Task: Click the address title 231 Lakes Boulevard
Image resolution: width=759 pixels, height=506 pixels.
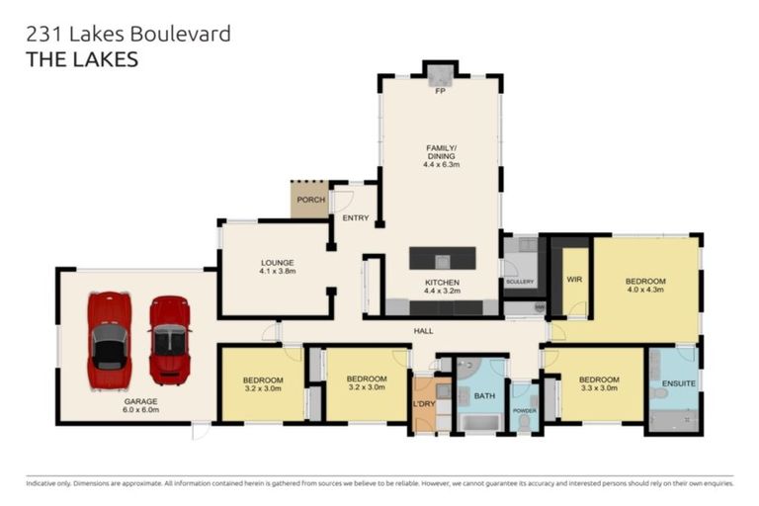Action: pos(128,35)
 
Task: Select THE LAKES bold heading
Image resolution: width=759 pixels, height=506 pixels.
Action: pos(81,60)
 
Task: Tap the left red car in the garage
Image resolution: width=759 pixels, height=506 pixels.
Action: pos(109,340)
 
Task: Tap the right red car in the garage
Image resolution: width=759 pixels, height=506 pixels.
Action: pos(169,340)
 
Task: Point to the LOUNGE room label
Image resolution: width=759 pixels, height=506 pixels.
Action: pos(278,266)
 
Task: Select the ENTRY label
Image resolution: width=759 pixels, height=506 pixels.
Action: pos(355,218)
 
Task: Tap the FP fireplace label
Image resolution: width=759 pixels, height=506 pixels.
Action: pos(441,92)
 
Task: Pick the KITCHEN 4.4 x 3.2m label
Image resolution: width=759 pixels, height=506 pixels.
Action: pos(442,287)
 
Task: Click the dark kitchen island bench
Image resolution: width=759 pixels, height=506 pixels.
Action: pos(442,258)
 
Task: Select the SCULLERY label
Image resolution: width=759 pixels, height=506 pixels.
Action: pos(520,282)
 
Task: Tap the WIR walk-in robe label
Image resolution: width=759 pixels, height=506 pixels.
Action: pos(573,280)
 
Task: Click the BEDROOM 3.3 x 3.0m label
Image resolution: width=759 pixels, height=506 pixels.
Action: pos(599,383)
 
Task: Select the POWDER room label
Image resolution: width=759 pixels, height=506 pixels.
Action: pos(524,410)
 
